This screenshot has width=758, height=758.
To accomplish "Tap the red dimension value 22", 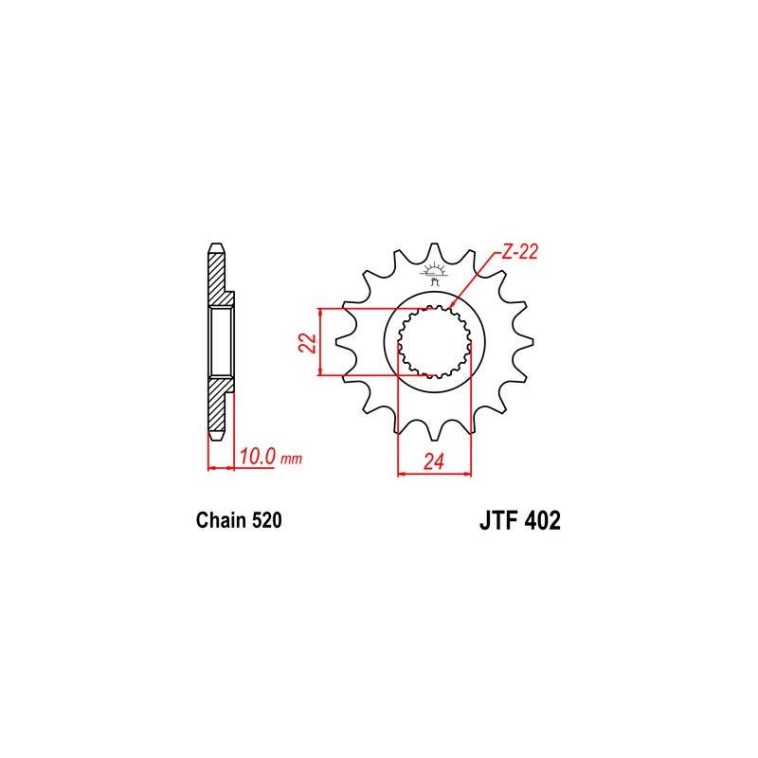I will point(306,342).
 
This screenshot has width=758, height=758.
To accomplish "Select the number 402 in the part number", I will point(541,522).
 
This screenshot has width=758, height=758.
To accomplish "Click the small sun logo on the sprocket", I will point(436,268).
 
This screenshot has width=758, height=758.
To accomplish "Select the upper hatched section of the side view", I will point(218,280).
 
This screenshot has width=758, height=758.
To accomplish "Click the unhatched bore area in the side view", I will point(221,342).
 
